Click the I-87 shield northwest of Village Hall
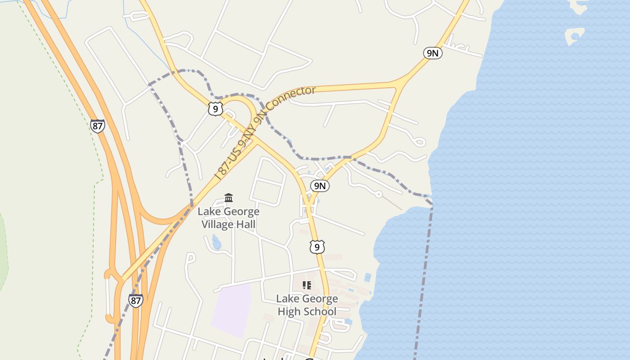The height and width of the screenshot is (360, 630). click(x=97, y=126)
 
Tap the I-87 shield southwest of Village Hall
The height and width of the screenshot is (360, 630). click(x=135, y=300)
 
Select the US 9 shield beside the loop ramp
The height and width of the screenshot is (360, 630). click(x=216, y=108)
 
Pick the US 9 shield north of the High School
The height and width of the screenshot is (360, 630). click(x=317, y=247)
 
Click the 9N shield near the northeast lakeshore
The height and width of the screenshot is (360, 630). click(x=432, y=53)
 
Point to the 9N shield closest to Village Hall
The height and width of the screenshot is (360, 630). click(x=320, y=185)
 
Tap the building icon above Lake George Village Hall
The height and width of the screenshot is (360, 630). click(x=229, y=198)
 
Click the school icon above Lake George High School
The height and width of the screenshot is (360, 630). click(x=307, y=285)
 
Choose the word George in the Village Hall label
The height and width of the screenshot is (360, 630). click(x=241, y=211)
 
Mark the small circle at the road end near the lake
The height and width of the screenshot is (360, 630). click(x=379, y=194)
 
